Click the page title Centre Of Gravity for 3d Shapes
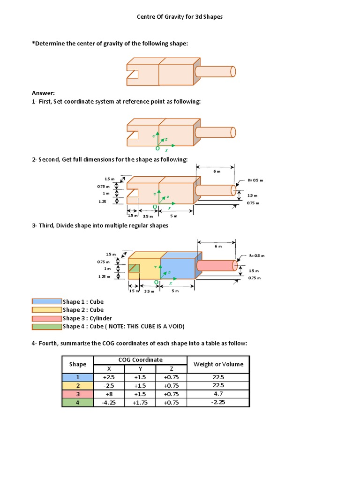(x=180, y=16)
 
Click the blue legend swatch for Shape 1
(x=46, y=301)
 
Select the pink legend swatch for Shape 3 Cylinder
(x=46, y=318)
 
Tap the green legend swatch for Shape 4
(x=46, y=327)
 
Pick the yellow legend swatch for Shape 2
(x=46, y=310)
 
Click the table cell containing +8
(x=109, y=394)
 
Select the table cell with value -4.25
(x=109, y=402)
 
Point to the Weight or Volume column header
(x=218, y=364)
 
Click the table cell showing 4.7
(x=218, y=394)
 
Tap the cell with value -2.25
(x=218, y=402)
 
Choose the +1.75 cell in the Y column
(x=140, y=402)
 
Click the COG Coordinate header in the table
(x=140, y=360)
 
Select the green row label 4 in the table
(x=78, y=402)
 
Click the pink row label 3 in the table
(x=78, y=394)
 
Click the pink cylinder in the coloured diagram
(x=216, y=265)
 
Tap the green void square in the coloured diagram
(x=134, y=269)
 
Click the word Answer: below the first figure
(x=43, y=93)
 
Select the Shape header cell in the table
(x=78, y=364)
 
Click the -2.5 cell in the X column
(x=109, y=385)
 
